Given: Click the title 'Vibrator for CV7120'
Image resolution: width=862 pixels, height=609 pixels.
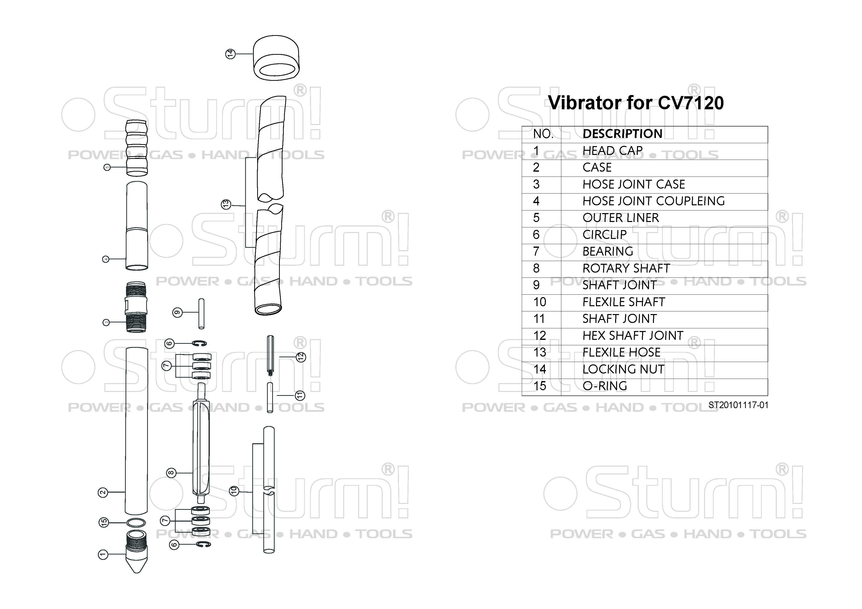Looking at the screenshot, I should coord(636,103).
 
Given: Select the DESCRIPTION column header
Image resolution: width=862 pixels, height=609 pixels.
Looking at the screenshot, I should coord(622,134).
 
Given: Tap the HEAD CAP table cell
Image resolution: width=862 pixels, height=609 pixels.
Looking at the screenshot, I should coord(612,151).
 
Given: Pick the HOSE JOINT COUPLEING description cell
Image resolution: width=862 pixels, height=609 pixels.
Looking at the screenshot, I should coord(653,201).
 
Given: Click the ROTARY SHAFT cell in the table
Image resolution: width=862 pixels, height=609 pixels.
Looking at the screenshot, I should coord(626,268).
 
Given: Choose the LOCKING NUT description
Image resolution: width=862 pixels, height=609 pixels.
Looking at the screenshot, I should coord(623,369).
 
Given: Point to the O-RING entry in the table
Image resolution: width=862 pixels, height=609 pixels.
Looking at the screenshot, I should coord(605,386).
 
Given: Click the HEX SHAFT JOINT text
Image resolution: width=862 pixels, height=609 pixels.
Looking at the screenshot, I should coord(633,335).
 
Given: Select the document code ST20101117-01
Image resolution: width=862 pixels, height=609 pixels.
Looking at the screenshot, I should coord(738,405).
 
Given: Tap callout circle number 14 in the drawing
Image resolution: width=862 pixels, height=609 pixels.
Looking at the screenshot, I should coord(230,54).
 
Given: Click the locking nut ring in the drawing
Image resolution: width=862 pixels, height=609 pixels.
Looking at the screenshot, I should coord(276,58).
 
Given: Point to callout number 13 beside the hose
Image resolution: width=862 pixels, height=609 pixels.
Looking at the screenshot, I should coord(226,205).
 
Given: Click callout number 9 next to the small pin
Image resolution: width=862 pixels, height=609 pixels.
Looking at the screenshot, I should coord(177,312).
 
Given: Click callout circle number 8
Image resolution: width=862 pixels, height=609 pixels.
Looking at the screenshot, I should coord(171,473).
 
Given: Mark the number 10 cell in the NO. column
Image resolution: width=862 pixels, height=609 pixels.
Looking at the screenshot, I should coord(539,302).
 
